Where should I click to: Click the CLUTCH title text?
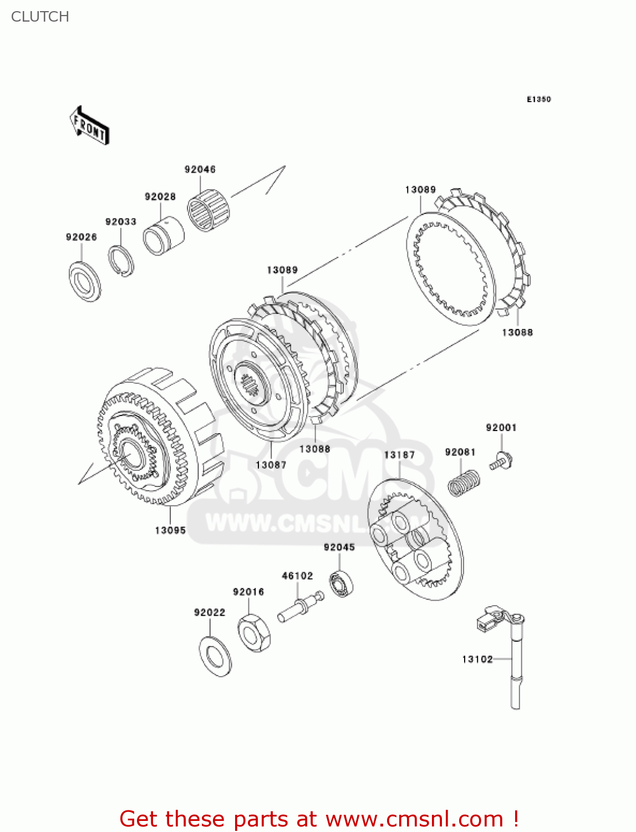point(40,17)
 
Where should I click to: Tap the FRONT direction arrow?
point(89,126)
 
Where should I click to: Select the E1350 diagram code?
point(538,99)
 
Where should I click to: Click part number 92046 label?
point(200,170)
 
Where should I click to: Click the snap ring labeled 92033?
point(121,260)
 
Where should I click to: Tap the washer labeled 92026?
point(84,282)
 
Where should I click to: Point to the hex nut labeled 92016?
point(254,632)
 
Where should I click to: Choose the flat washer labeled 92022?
point(215,656)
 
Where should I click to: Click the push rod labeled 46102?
point(300,608)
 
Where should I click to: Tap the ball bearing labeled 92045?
point(342,584)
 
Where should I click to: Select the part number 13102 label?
point(477,659)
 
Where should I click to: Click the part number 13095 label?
point(170,530)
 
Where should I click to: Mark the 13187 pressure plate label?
point(399,455)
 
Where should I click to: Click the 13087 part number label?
point(271,465)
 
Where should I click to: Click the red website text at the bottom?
point(319,819)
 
